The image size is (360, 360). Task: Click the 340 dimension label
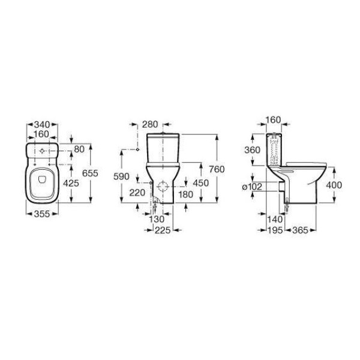pos(42,125)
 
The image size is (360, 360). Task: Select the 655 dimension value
pos(90,173)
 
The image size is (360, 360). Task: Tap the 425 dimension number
pos(71,183)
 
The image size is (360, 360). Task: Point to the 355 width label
pos(42,214)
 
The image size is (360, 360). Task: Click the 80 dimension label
pos(79,149)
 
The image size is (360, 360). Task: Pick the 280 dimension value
pos(150,124)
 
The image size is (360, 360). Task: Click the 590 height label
pos(121,176)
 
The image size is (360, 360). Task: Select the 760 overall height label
pos(217,169)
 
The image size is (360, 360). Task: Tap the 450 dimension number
pos(201,183)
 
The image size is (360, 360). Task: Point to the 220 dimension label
pos(137,193)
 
